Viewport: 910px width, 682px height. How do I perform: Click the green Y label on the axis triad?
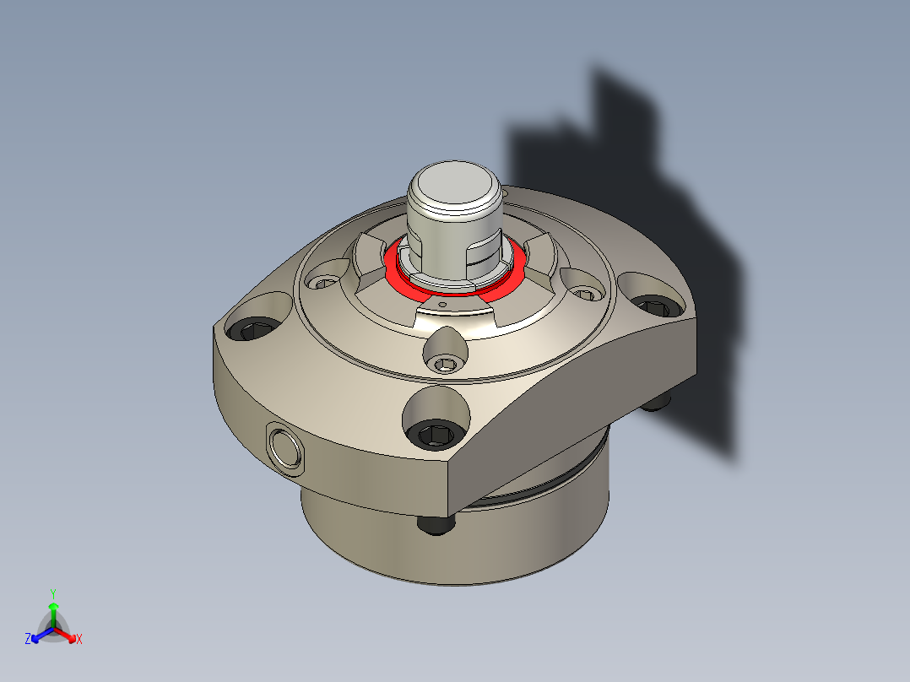coord(53,593)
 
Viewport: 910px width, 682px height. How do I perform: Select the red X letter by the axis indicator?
coord(79,640)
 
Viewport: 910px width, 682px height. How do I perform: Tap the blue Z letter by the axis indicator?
coord(27,640)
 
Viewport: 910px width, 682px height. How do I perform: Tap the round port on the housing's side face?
coord(283,446)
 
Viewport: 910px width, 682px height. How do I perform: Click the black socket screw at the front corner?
coord(436,435)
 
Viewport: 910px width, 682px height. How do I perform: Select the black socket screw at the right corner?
coord(653,306)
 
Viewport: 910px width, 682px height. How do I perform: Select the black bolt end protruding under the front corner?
coord(436,526)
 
